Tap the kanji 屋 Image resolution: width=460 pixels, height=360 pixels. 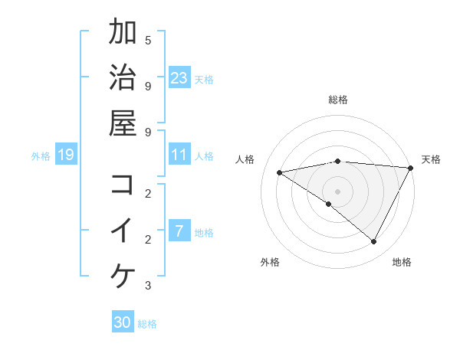(123, 123)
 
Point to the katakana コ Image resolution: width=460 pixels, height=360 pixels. (123, 185)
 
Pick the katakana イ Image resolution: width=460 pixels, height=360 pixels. (123, 231)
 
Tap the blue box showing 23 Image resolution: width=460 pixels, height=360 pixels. (179, 77)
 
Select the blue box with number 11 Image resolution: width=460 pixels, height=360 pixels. (179, 155)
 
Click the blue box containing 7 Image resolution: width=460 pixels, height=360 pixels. (179, 231)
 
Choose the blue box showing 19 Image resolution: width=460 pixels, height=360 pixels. (66, 155)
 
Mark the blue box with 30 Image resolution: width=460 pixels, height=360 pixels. (123, 322)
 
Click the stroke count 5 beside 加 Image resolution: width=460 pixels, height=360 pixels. (148, 40)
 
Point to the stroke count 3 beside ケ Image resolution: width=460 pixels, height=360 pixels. (148, 286)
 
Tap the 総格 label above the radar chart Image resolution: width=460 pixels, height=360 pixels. (338, 100)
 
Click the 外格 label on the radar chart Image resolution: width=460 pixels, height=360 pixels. (270, 262)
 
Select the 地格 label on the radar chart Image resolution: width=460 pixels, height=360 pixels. (402, 262)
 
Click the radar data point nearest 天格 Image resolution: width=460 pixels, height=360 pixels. (411, 168)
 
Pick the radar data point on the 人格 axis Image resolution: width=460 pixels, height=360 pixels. (279, 172)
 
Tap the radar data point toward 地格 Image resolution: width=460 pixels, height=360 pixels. (374, 242)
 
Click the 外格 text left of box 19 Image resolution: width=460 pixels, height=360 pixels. (41, 155)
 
